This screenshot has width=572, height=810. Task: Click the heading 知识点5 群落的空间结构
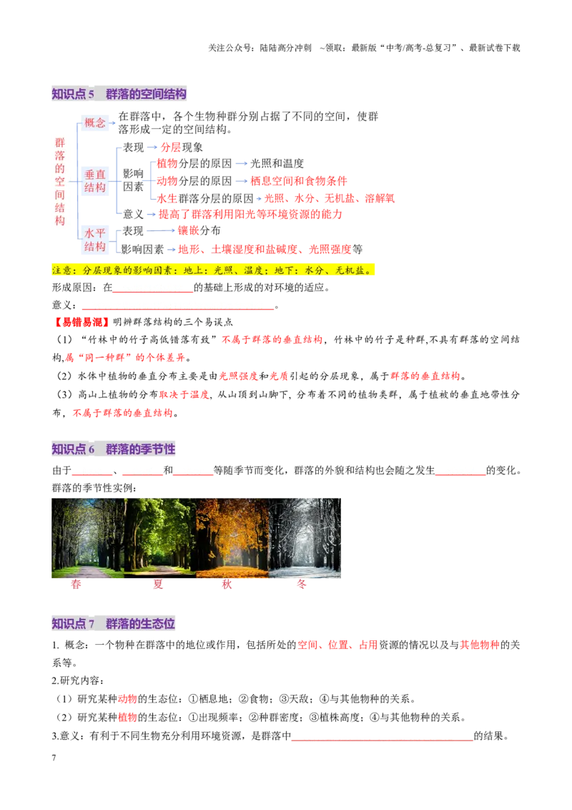119,94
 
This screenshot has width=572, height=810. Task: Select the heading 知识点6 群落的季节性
113,449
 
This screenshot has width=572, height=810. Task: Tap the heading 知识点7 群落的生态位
113,623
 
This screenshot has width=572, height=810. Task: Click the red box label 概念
95,122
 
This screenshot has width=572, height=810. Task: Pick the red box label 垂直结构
95,181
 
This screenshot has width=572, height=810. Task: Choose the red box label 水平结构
95,240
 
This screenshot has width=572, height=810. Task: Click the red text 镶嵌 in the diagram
189,230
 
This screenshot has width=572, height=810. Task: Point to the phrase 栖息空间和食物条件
299,181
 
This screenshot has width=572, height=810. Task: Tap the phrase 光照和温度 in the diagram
277,163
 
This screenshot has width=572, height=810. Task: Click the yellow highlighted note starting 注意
212,270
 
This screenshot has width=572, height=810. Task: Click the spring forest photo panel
88,538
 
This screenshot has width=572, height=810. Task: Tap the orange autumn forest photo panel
232,538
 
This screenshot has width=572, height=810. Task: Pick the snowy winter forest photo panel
305,538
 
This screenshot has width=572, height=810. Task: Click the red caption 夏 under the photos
158,585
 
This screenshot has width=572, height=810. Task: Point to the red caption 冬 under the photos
302,585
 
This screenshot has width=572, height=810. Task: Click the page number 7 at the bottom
54,758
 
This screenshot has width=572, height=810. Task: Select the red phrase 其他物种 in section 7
480,645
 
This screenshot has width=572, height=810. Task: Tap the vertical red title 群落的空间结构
60,181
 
